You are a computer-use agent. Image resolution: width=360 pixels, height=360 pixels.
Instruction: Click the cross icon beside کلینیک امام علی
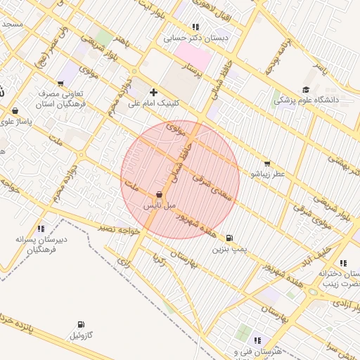click(x=153, y=92)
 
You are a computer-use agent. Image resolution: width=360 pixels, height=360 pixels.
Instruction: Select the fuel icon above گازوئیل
click(x=82, y=325)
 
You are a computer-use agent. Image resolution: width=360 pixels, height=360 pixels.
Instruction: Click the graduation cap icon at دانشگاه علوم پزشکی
click(x=305, y=89)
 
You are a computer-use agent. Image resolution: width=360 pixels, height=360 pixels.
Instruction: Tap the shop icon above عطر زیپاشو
click(x=266, y=163)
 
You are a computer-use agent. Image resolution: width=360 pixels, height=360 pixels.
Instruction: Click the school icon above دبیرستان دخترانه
click(x=342, y=263)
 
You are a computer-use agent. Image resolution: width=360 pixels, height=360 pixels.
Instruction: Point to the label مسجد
click(x=13, y=23)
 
